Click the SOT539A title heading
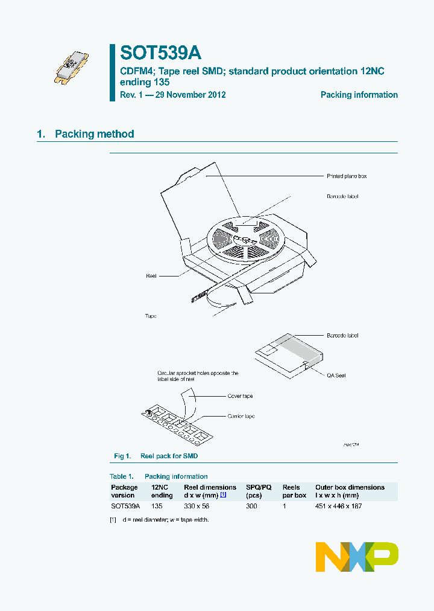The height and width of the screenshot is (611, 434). (x=161, y=53)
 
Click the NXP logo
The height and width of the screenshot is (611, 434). (x=357, y=557)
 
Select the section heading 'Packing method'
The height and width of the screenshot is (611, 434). (x=94, y=134)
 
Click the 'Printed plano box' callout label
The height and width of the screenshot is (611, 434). (x=347, y=176)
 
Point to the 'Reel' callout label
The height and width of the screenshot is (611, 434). (x=151, y=275)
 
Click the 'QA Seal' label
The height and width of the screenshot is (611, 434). (x=336, y=376)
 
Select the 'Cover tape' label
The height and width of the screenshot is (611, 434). (x=240, y=396)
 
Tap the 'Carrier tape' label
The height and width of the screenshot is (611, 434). (x=241, y=417)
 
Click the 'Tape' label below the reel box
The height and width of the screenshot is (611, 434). (x=151, y=316)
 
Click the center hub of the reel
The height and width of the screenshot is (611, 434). (x=246, y=240)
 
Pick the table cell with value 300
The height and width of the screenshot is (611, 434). (x=251, y=506)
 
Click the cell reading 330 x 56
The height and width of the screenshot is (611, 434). (x=197, y=506)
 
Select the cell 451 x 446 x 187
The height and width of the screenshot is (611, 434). (x=338, y=506)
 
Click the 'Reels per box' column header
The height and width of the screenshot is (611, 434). (x=294, y=491)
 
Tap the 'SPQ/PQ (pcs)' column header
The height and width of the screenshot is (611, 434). (x=259, y=491)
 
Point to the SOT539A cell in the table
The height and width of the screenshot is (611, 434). (x=125, y=506)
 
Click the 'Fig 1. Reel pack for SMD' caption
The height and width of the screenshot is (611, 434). (x=156, y=456)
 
